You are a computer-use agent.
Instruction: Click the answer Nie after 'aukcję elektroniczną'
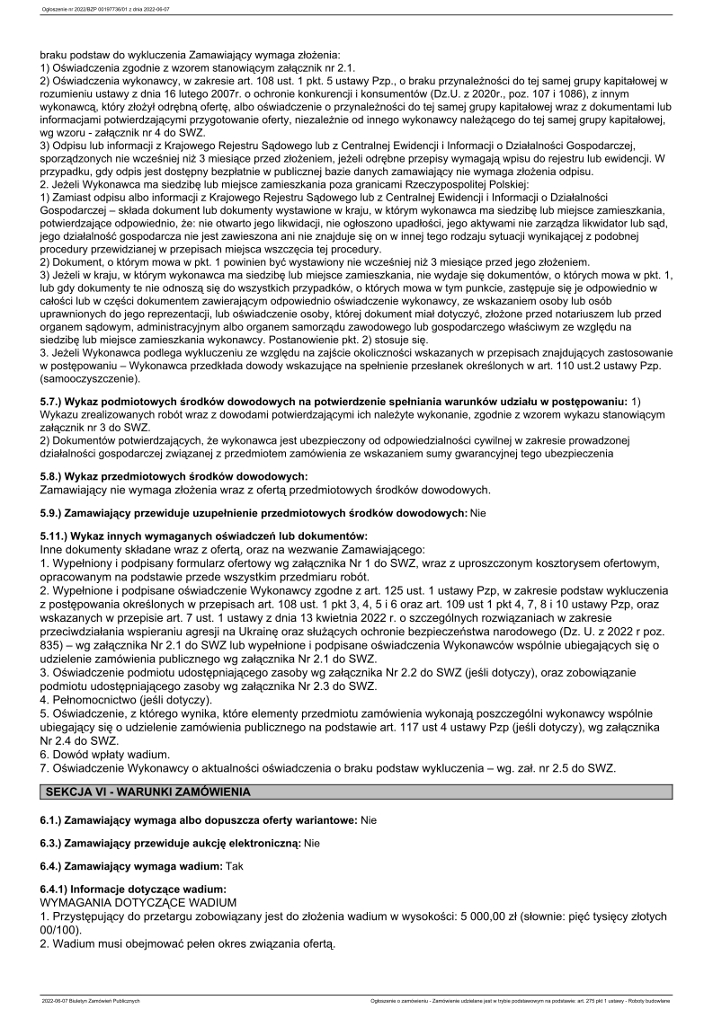pos(313,844)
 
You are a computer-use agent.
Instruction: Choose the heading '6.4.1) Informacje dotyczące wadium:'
pos(133,889)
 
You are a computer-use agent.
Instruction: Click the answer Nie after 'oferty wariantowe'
pos(369,820)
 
